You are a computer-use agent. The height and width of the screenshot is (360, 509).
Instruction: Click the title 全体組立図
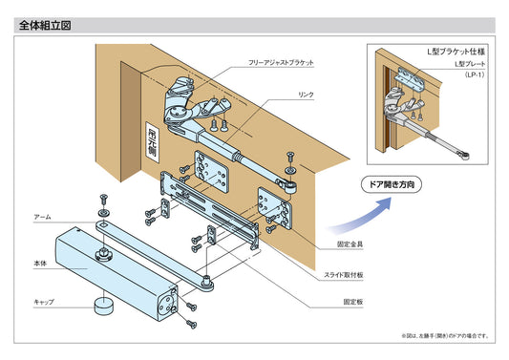[x=45, y=26]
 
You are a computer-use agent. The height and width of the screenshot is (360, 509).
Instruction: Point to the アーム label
[x=41, y=217]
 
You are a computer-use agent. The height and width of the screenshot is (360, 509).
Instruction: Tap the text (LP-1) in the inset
[x=475, y=73]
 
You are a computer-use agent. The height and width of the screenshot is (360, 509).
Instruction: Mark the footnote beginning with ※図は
[x=445, y=336]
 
